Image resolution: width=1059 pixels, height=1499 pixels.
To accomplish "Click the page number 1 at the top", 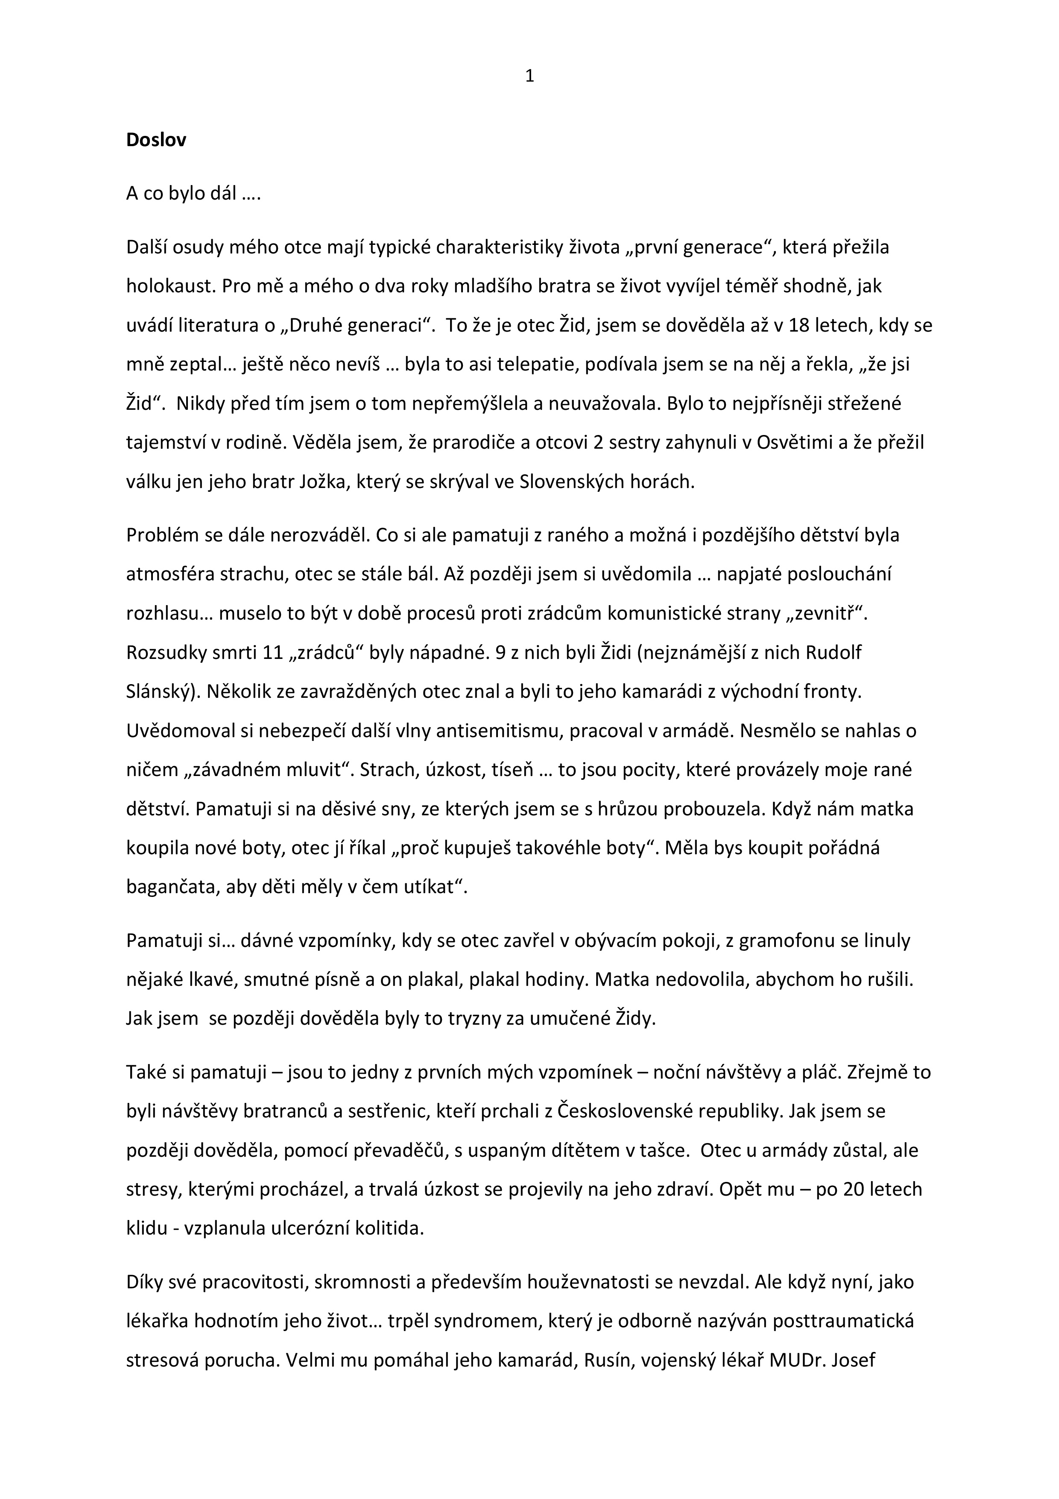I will point(529,77).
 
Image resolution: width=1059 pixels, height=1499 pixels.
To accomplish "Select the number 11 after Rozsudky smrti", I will point(272,653).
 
